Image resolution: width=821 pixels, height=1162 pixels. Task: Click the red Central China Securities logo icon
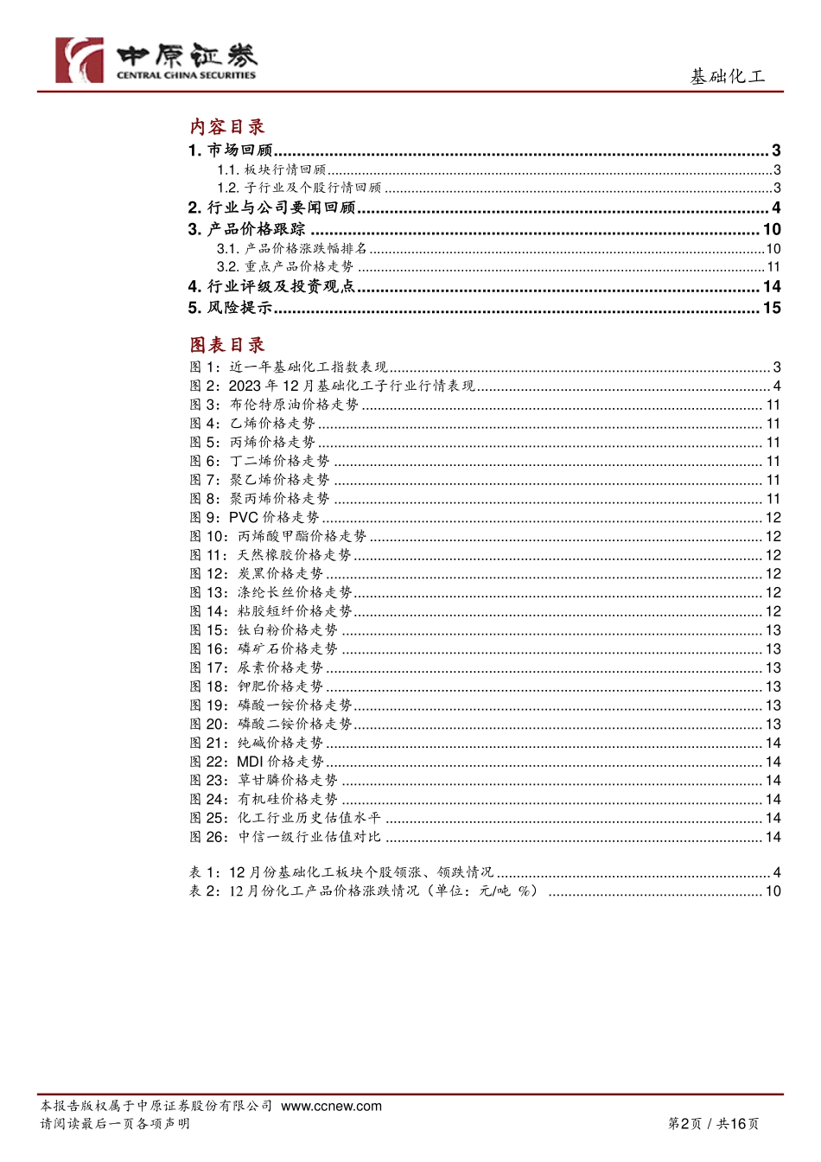[80, 61]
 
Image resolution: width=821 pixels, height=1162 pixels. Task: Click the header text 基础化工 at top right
[727, 77]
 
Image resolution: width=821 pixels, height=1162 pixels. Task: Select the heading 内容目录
[227, 126]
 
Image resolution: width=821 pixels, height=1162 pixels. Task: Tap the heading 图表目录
[227, 345]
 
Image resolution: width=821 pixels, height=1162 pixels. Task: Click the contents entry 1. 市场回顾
[231, 150]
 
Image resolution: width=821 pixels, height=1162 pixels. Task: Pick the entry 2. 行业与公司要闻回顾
[272, 207]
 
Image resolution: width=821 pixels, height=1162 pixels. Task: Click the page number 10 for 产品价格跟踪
[771, 229]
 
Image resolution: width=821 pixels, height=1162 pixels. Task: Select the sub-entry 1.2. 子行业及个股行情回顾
[299, 188]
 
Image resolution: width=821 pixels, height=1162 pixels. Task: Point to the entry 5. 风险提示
[231, 308]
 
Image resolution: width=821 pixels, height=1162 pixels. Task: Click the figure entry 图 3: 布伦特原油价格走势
[274, 405]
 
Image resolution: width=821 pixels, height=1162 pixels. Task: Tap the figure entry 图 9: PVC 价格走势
[255, 518]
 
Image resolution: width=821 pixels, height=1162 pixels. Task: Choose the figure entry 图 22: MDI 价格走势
[257, 762]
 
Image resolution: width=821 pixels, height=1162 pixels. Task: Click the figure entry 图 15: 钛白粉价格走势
[264, 630]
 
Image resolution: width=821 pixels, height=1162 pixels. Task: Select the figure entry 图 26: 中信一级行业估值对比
[285, 837]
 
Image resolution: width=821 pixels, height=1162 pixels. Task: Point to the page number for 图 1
[776, 367]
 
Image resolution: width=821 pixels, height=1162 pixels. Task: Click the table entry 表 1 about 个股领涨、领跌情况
[341, 872]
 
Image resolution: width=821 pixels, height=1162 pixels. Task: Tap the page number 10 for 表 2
[772, 891]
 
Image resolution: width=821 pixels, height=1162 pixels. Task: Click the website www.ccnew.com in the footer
[331, 1106]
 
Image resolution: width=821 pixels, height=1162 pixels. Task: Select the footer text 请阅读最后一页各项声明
[115, 1124]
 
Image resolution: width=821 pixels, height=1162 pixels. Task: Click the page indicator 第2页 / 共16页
[713, 1124]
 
